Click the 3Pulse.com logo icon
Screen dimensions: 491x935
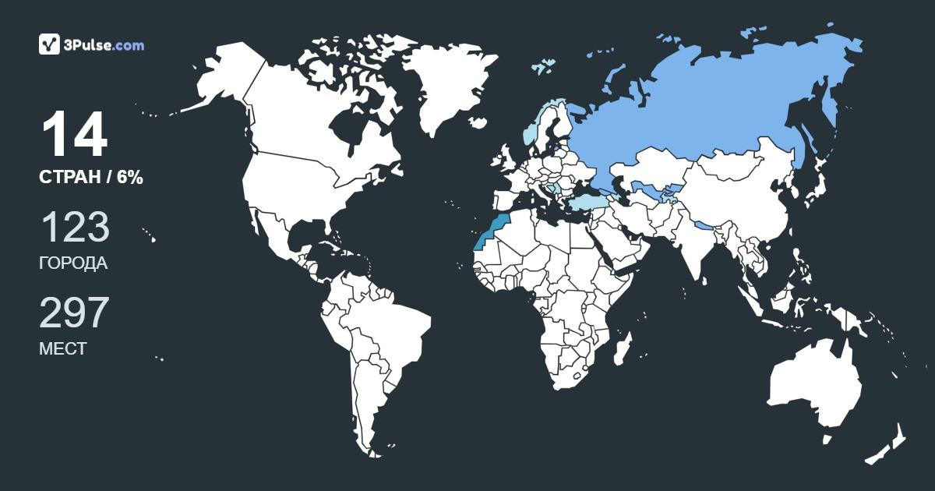pyautogui.click(x=49, y=44)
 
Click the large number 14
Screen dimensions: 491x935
pyautogui.click(x=74, y=136)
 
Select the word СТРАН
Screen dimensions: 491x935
pyautogui.click(x=69, y=178)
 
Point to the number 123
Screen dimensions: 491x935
pyautogui.click(x=74, y=228)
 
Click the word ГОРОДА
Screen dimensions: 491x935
pyautogui.click(x=73, y=263)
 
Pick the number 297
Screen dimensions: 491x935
pyautogui.click(x=74, y=313)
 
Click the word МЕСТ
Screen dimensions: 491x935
pyautogui.click(x=62, y=349)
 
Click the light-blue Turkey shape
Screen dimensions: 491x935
pyautogui.click(x=584, y=203)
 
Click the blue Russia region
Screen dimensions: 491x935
pyautogui.click(x=701, y=109)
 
